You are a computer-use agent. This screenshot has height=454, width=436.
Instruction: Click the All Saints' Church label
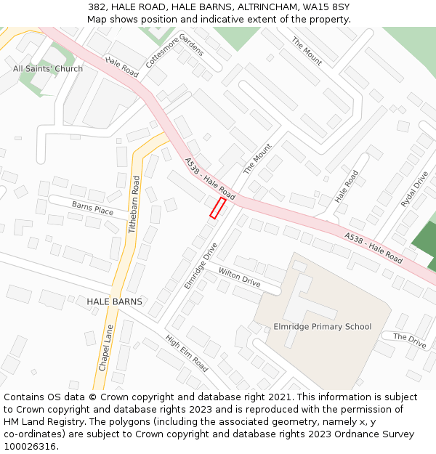point(48,69)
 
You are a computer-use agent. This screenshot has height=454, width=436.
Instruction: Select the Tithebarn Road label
point(133,203)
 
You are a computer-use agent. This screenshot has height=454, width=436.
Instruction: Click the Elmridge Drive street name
point(201,266)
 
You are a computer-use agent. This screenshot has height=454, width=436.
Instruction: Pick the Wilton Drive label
point(239,276)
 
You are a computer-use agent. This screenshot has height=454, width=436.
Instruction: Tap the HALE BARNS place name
point(114,301)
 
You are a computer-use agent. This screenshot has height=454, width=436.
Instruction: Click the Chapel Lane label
point(106,348)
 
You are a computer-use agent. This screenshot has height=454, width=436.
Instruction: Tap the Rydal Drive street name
point(415,190)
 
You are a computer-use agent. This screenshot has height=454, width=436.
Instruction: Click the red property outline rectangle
point(217,208)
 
